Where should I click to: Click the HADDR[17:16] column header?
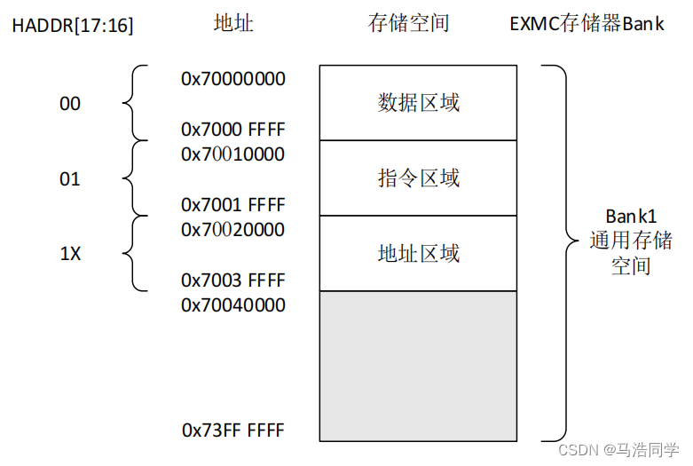tap(73, 25)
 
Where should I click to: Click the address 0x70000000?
tap(233, 79)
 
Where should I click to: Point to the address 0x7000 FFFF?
tap(233, 130)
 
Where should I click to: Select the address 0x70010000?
tap(233, 154)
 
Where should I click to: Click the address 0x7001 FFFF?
tap(233, 205)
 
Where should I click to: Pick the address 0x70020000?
tap(233, 230)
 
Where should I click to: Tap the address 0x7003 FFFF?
tap(233, 280)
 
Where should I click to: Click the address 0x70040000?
tap(233, 305)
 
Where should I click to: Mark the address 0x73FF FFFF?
tap(233, 431)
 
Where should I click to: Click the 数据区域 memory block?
tap(418, 103)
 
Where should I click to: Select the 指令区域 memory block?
tap(418, 178)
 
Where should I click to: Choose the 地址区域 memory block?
tap(418, 254)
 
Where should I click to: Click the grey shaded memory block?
tap(418, 366)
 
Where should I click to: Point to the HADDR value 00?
tap(70, 104)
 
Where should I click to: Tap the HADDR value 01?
tap(70, 179)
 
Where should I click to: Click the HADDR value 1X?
tap(70, 254)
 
